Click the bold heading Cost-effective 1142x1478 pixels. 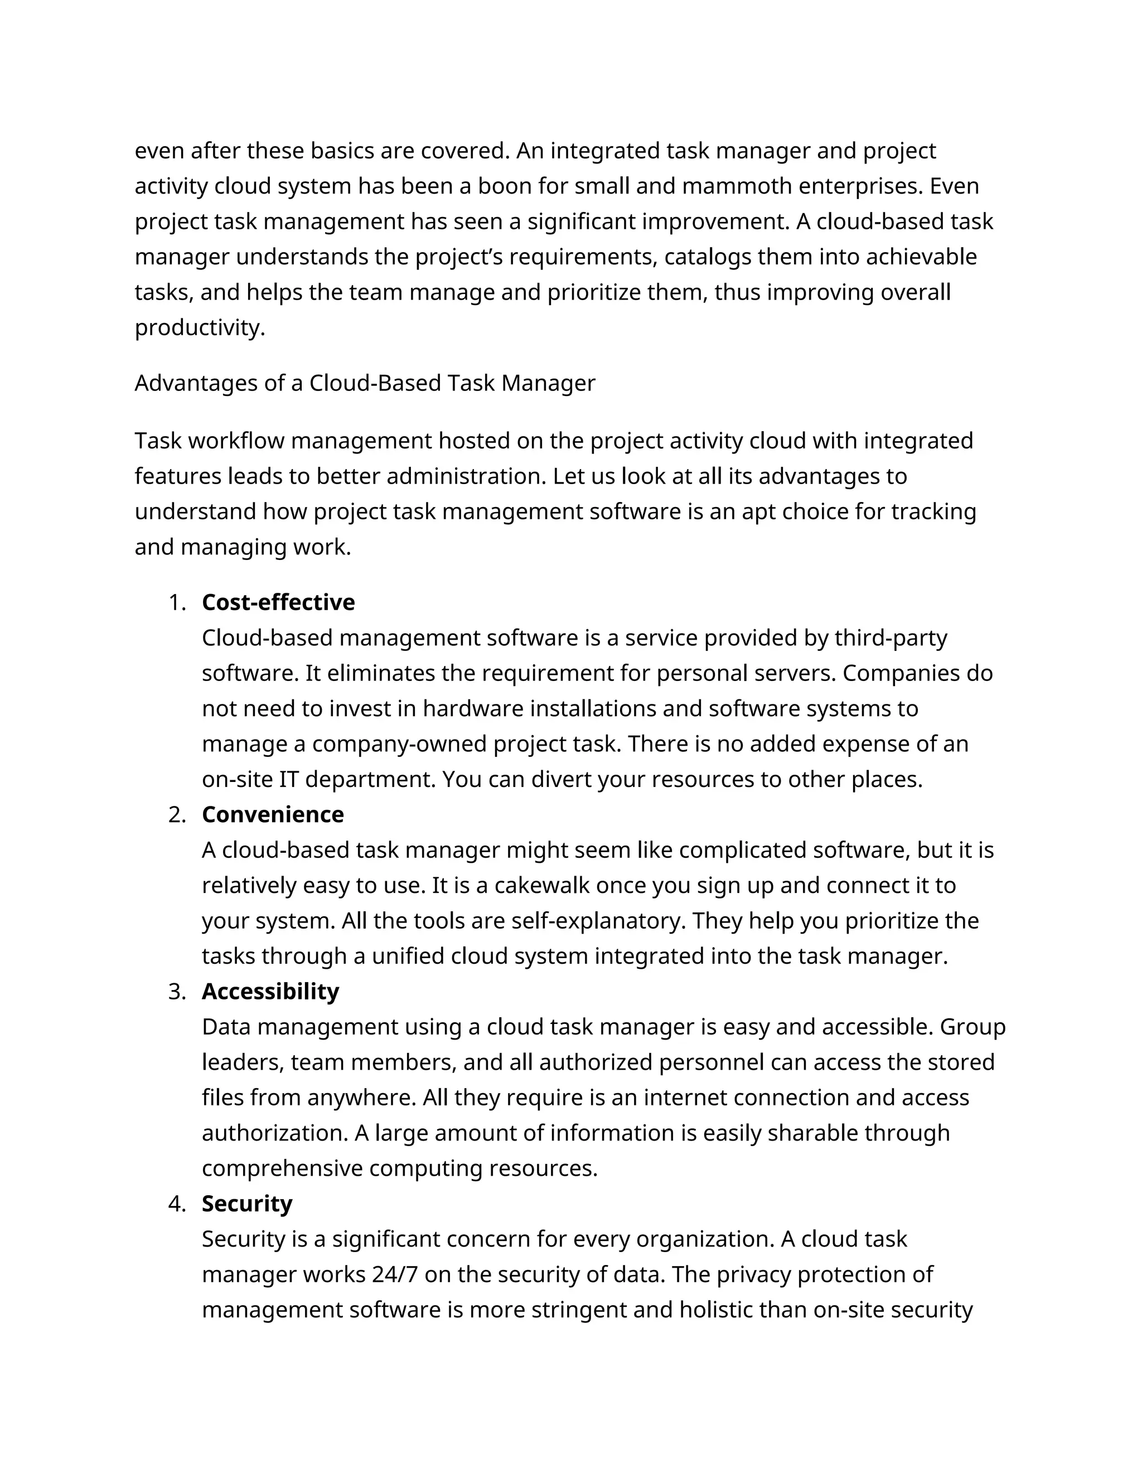coord(278,602)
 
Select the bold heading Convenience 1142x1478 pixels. coord(273,814)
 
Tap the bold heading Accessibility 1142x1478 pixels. coord(270,992)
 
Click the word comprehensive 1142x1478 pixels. coord(282,1168)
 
